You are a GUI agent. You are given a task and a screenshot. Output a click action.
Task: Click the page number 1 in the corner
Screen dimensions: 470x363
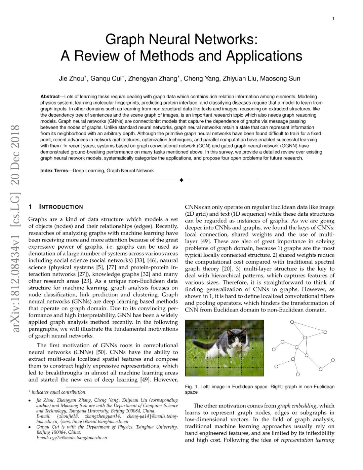(x=333, y=19)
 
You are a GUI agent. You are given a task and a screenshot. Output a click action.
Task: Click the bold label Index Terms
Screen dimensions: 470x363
(x=54, y=171)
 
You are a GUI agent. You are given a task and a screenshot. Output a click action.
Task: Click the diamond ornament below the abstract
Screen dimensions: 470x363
(x=182, y=180)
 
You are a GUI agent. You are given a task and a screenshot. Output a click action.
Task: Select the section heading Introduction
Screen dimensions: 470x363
(x=61, y=207)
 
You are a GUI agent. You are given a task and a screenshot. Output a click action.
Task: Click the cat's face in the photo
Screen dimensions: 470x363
(x=237, y=344)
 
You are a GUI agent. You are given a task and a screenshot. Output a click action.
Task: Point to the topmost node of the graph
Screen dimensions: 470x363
(x=292, y=322)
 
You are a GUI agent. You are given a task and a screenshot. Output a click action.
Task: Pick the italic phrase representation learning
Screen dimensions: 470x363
(x=308, y=440)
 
